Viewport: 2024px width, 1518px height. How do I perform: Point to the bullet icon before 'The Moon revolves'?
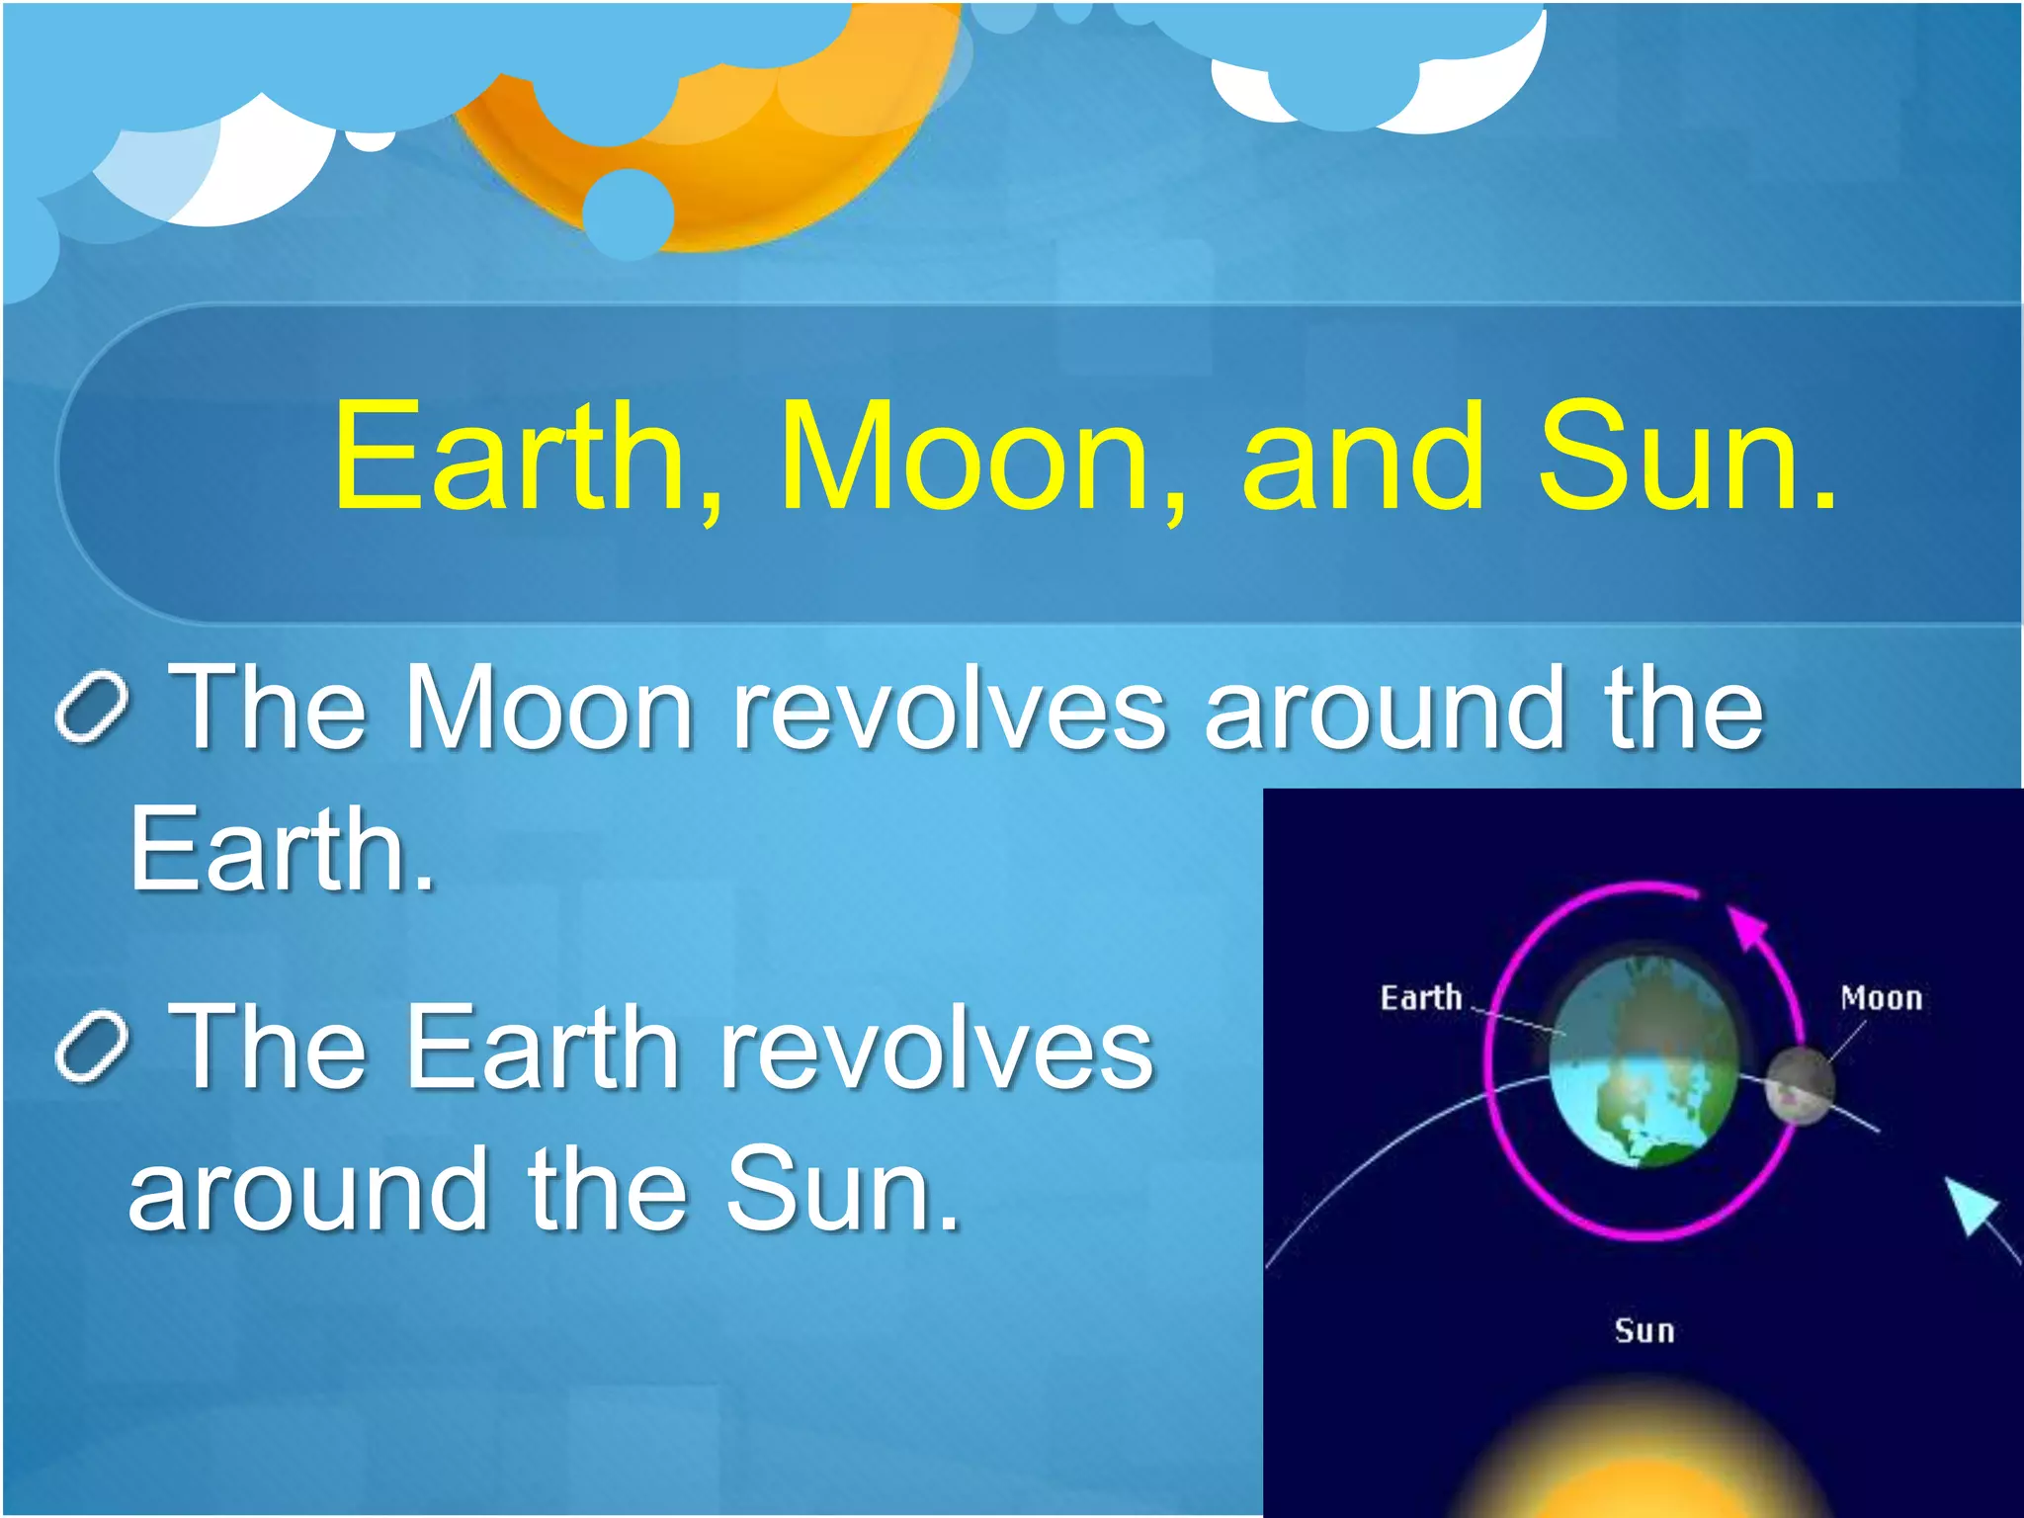click(x=91, y=709)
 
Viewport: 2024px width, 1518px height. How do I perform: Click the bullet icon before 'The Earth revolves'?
click(x=91, y=1049)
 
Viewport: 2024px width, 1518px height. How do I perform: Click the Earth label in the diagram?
click(x=1420, y=998)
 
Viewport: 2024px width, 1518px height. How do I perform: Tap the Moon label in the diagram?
click(x=1881, y=998)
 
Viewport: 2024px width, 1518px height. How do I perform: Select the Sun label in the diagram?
click(x=1644, y=1330)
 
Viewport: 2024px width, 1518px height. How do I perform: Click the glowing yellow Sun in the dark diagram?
click(x=1641, y=1463)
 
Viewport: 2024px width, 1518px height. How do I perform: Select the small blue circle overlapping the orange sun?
click(x=628, y=213)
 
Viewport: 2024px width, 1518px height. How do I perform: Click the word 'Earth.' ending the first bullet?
click(x=283, y=850)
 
